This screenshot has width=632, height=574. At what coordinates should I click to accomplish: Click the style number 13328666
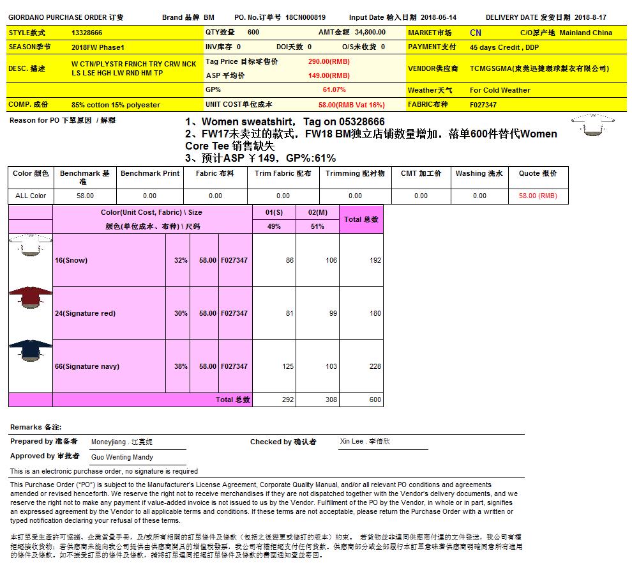(x=87, y=33)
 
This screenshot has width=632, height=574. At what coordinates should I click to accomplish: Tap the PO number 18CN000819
(x=305, y=18)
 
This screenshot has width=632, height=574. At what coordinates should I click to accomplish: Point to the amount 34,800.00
(x=370, y=32)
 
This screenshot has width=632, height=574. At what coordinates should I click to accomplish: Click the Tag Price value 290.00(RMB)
(x=329, y=61)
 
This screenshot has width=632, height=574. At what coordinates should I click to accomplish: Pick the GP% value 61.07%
(x=334, y=90)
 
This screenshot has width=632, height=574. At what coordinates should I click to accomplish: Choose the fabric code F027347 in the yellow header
(x=483, y=104)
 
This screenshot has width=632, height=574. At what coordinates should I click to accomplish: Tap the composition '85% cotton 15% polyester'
(x=116, y=105)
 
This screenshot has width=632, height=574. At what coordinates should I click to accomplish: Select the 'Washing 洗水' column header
(x=479, y=173)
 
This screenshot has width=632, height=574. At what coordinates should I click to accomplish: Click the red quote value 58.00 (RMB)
(x=538, y=196)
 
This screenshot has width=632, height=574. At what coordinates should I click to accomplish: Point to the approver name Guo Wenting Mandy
(x=122, y=457)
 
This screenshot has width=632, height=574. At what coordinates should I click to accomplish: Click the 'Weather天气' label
(x=430, y=90)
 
